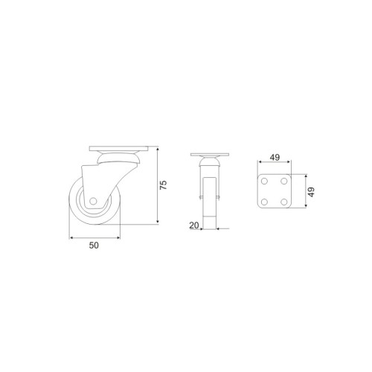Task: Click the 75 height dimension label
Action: click(163, 185)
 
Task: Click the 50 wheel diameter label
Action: click(94, 246)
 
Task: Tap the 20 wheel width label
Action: click(194, 225)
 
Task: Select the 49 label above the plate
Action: click(275, 157)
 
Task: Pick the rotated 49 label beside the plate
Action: click(311, 192)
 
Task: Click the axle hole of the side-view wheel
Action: click(93, 201)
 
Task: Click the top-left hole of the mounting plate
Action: click(264, 182)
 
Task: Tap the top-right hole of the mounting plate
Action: click(284, 182)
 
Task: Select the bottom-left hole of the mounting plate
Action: click(264, 202)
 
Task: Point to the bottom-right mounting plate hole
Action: click(284, 202)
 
